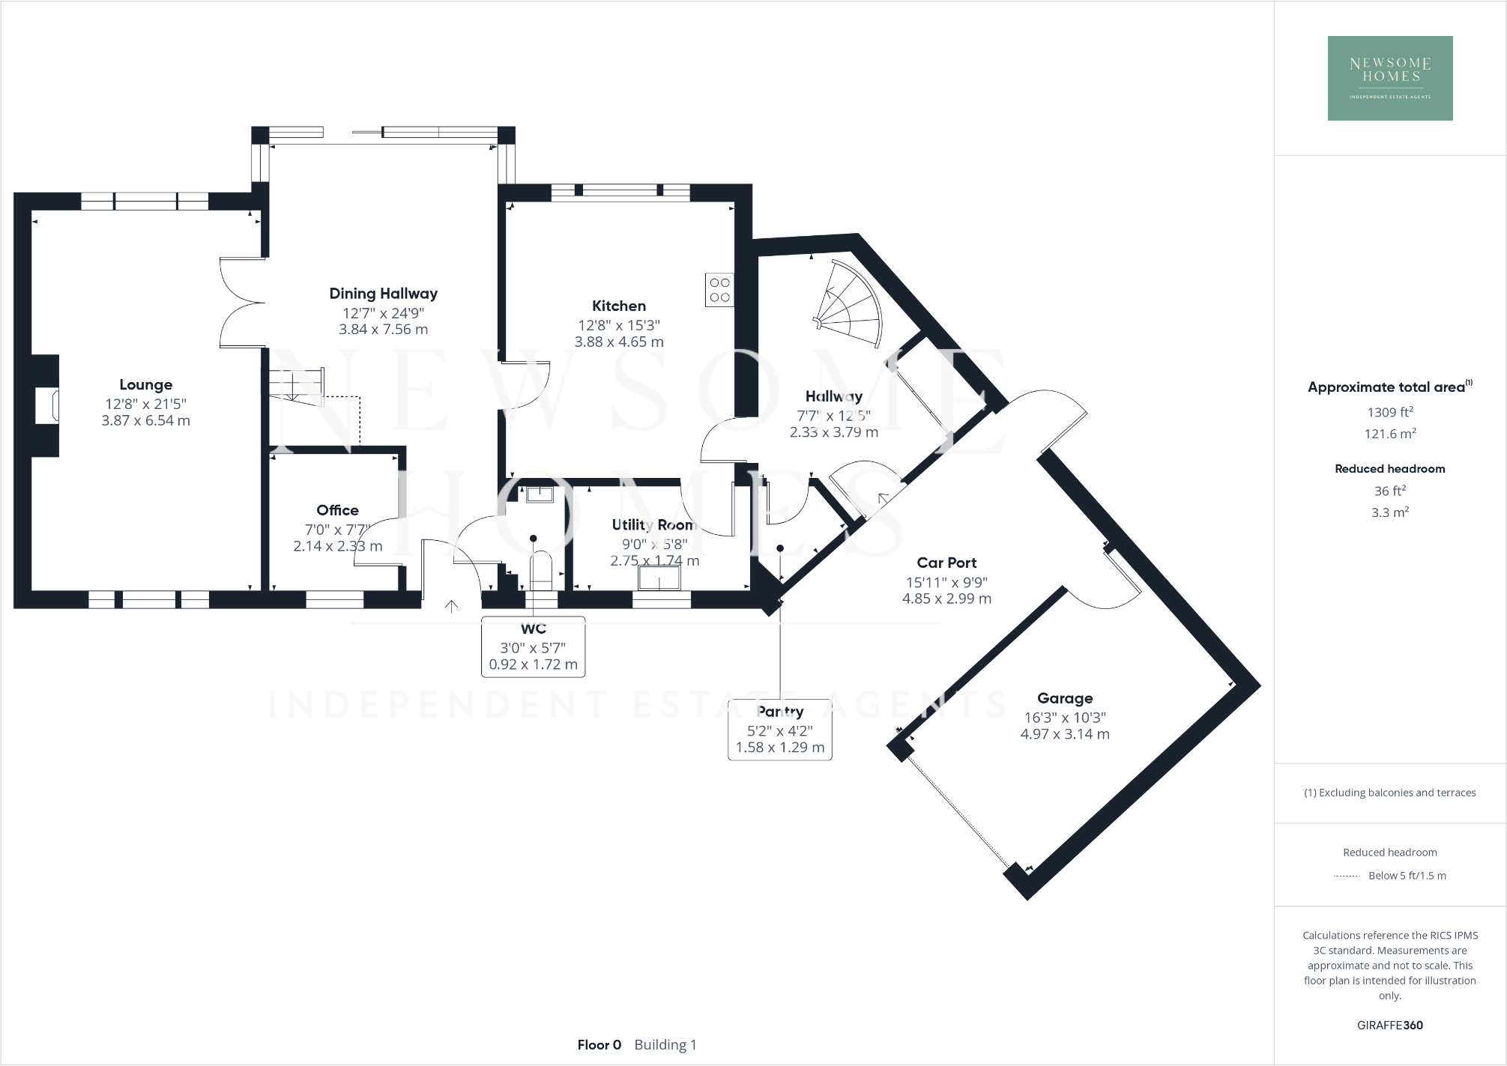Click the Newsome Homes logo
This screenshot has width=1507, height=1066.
(1389, 78)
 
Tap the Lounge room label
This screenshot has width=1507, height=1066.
(145, 384)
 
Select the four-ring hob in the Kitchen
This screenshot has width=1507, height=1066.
(719, 290)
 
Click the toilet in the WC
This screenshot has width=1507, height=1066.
(541, 571)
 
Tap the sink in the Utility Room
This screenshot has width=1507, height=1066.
(659, 578)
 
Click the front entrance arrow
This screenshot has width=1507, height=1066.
(451, 606)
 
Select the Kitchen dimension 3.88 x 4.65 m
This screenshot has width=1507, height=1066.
(619, 342)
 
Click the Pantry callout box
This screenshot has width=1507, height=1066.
(779, 729)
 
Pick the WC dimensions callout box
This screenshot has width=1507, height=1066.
(533, 646)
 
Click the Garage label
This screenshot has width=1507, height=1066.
(1064, 698)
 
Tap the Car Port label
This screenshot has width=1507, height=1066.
(946, 563)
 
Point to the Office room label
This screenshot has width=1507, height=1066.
(337, 510)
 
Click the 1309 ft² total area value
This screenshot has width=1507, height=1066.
(1389, 412)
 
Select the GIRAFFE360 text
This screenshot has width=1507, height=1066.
(1389, 1025)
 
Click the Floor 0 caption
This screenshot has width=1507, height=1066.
(599, 1044)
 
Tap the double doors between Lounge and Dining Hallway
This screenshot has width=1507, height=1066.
(241, 303)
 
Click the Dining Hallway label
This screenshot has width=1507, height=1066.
(383, 294)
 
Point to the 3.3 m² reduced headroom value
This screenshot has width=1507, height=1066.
(1389, 512)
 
